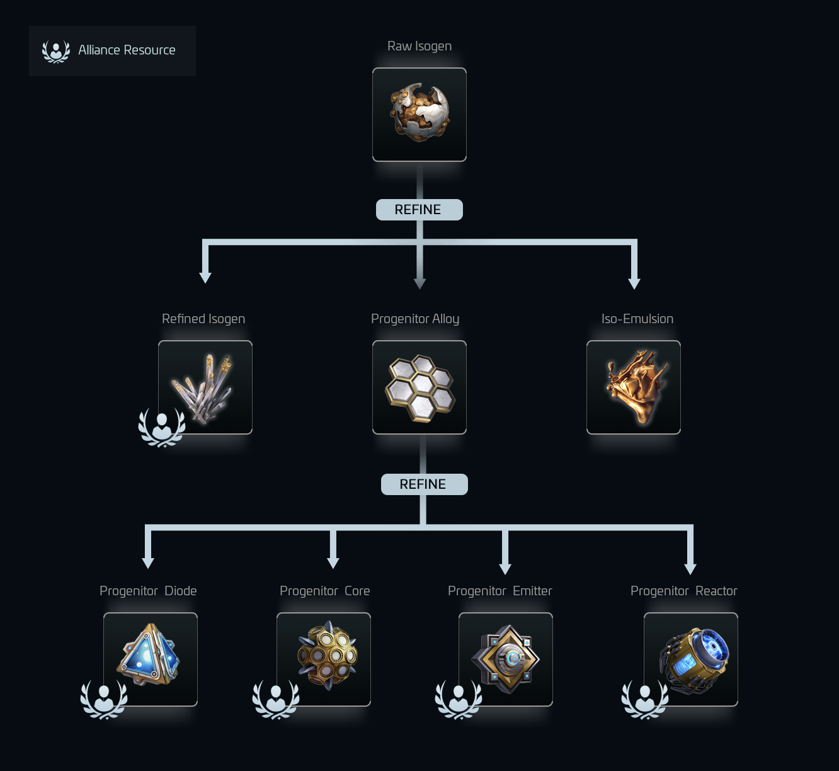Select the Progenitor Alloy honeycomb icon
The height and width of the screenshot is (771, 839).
coord(419,387)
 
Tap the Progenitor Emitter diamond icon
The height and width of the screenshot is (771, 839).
coord(506,660)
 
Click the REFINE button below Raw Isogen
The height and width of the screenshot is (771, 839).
coord(419,210)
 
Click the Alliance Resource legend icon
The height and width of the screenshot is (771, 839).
coord(56,52)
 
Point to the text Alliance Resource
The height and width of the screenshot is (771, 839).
coord(127,50)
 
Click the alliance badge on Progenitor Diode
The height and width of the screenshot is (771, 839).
coord(104,699)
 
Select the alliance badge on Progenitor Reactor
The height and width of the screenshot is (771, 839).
coord(645,699)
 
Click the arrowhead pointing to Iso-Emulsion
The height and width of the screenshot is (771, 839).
coord(634,283)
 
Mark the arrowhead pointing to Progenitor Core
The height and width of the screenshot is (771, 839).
coord(333,563)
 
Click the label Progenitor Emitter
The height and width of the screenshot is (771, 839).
coord(499,591)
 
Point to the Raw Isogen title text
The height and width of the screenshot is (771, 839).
coord(419,46)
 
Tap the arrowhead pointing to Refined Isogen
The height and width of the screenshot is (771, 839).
coord(205,278)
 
